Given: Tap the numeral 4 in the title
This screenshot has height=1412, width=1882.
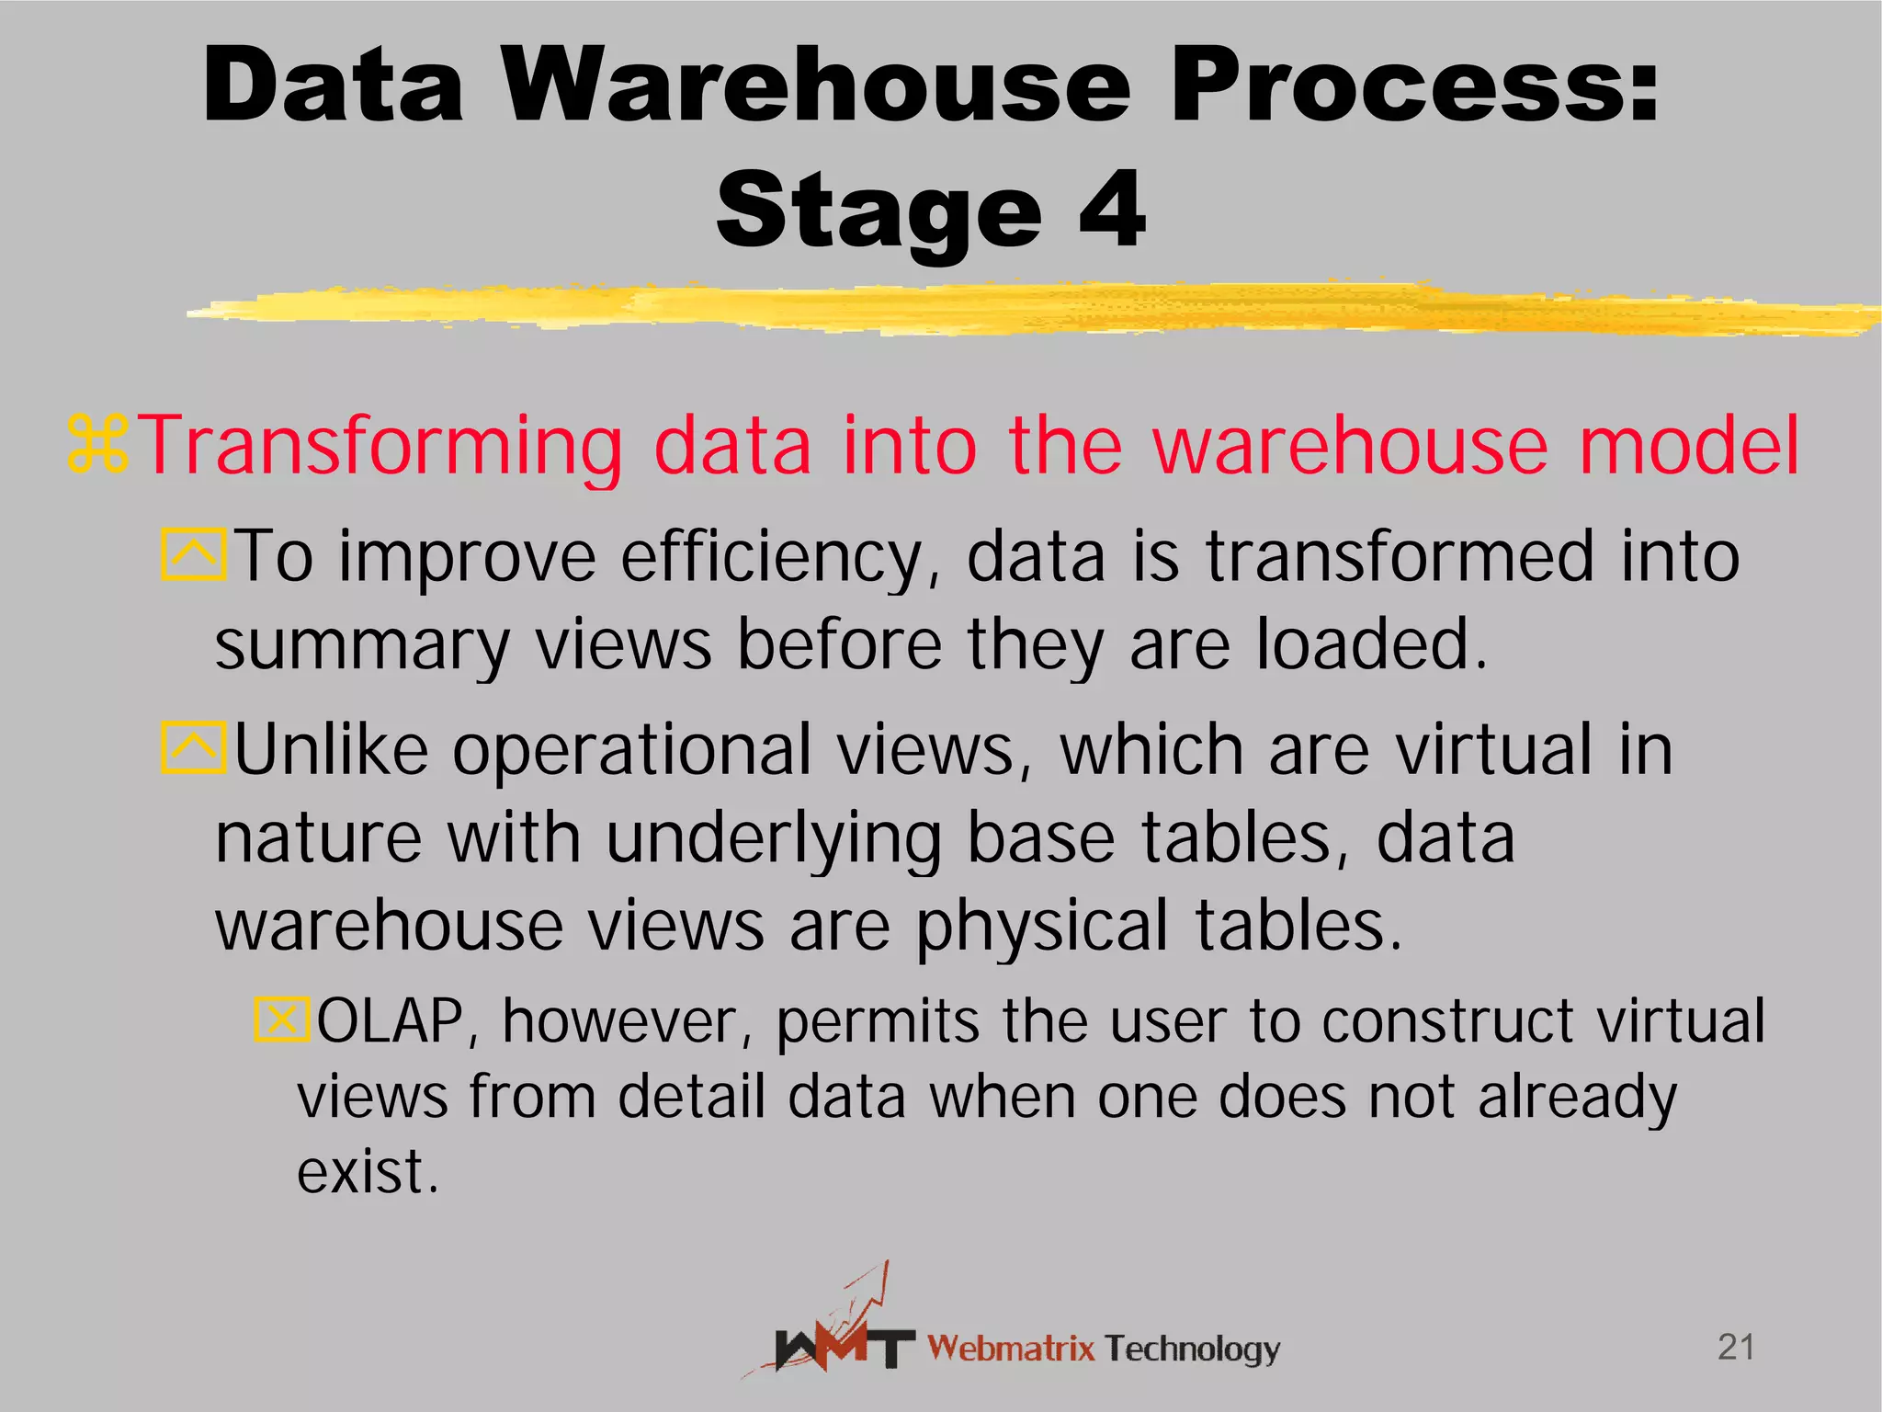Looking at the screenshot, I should [1113, 211].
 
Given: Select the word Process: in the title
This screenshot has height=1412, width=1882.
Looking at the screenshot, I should [1415, 85].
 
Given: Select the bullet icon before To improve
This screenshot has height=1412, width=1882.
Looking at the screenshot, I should [193, 554].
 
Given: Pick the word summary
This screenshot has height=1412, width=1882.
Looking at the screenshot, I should [362, 646].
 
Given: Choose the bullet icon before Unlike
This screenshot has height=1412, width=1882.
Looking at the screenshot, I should [193, 747].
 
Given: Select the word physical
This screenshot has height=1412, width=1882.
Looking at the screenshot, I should [1042, 927].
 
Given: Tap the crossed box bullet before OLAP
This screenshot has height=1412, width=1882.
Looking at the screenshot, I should [281, 1019].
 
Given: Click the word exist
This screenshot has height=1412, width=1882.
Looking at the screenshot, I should [368, 1172].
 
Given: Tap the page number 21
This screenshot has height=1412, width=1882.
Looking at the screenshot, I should [1736, 1348].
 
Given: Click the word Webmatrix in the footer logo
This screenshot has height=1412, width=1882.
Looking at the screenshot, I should [1011, 1349].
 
